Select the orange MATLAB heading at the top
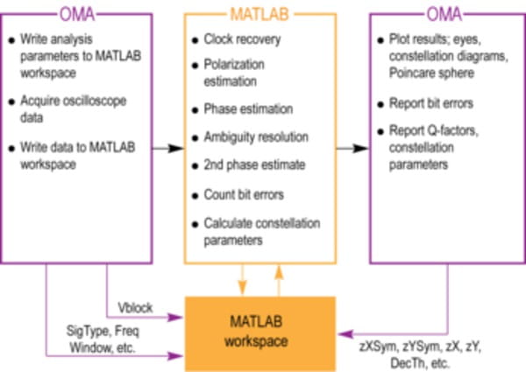pos(261,15)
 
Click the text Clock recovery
pos(239,40)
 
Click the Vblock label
pos(137,308)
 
